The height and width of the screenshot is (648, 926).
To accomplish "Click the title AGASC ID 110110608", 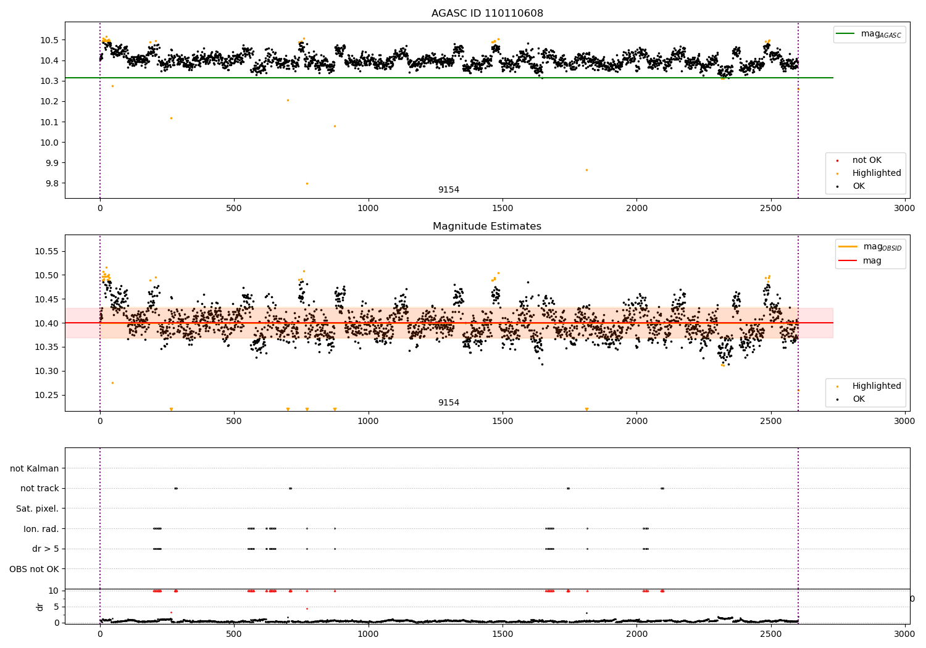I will coord(487,13).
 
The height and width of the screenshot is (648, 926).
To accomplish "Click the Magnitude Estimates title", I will coord(487,226).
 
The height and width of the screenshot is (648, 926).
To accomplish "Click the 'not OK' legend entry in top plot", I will coord(867,160).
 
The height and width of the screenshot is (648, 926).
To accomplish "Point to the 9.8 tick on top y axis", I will coord(49,183).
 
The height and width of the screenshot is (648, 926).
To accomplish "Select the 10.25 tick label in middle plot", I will coord(46,395).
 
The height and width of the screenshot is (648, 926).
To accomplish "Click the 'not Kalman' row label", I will coord(35,468).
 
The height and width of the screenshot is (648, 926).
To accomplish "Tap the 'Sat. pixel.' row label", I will coord(38,509).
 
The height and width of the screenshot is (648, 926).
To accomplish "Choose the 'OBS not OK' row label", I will coord(35,569).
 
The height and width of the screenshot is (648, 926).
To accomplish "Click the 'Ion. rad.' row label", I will coord(41,529).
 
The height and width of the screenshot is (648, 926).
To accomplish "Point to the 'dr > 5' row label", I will coord(46,549).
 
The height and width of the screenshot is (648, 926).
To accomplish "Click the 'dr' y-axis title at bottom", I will coord(40,607).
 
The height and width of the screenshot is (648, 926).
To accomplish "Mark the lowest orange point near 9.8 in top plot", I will coord(307,183).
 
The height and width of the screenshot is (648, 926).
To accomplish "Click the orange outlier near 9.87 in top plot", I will coord(586,170).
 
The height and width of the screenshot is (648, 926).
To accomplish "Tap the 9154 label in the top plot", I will coord(449,189).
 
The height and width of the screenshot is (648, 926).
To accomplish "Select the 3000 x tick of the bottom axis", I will coord(905,634).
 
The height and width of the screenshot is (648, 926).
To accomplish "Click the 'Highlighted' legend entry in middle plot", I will coord(877,386).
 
